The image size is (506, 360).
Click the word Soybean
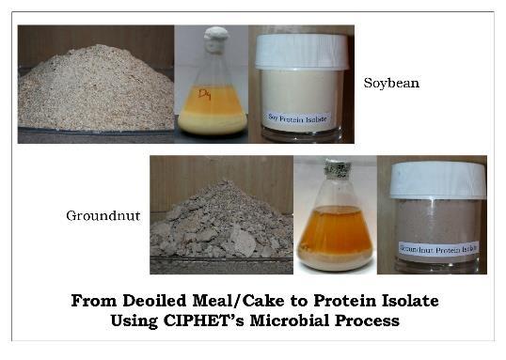click(x=391, y=84)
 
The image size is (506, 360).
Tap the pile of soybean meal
click(x=94, y=94)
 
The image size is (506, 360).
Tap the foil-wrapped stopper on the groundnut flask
click(x=334, y=170)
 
